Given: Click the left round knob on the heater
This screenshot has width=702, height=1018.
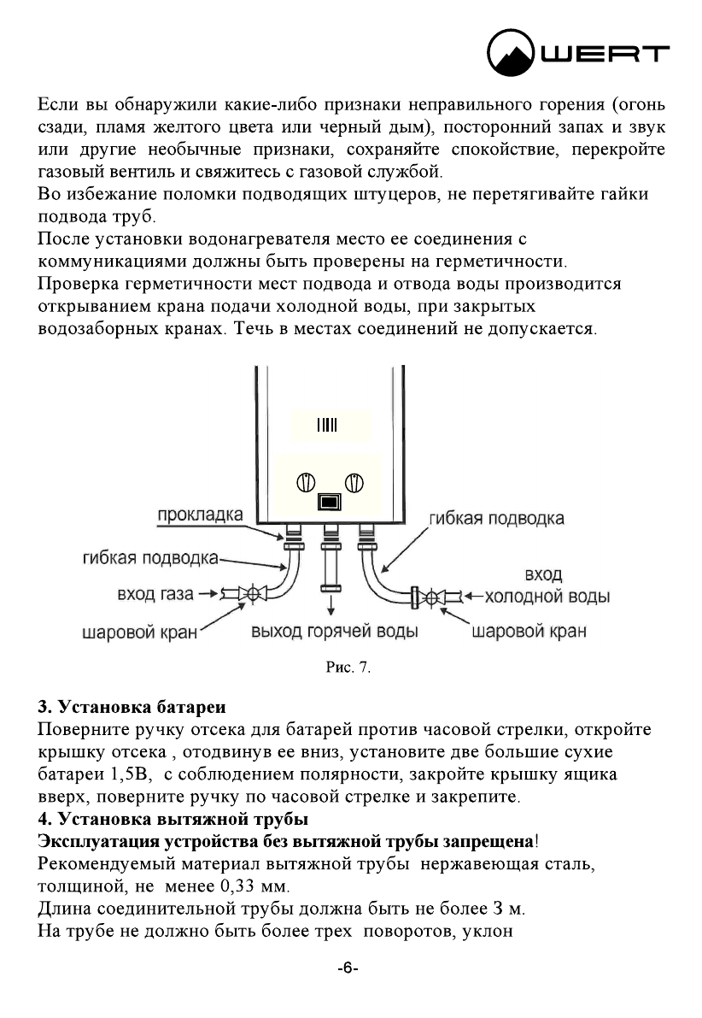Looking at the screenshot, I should (305, 484).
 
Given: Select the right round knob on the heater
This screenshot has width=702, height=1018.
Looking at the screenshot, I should (354, 484).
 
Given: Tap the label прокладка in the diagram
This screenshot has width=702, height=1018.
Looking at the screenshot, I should (200, 515).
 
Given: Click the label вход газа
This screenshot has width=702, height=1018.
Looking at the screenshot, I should (155, 593).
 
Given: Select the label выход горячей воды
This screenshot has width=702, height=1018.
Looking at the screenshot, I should (334, 633).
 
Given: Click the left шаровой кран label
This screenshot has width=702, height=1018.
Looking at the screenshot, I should (139, 633).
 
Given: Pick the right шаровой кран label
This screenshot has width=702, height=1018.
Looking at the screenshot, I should (529, 633).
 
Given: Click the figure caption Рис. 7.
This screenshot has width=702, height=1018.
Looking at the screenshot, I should (350, 667).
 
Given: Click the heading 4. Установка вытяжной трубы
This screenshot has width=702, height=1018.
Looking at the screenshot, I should (173, 821).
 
